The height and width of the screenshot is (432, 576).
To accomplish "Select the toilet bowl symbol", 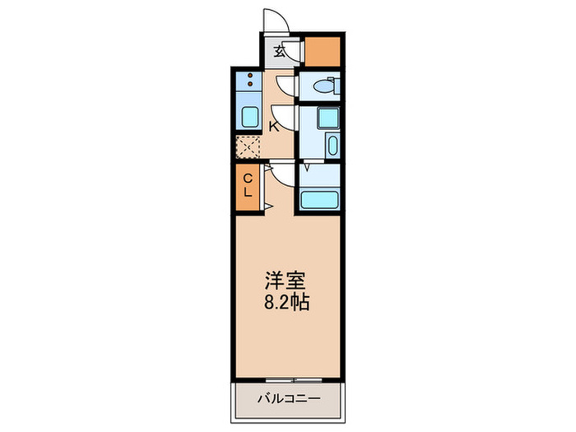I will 326,85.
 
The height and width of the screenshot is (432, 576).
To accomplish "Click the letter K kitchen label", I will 273,126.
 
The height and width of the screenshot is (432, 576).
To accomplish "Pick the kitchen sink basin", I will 248,115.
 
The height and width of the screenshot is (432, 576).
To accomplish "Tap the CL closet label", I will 247,184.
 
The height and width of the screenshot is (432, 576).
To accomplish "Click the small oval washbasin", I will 331,146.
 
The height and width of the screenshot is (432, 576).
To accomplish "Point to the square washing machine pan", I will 328,118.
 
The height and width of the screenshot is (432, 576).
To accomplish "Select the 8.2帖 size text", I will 286,302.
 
